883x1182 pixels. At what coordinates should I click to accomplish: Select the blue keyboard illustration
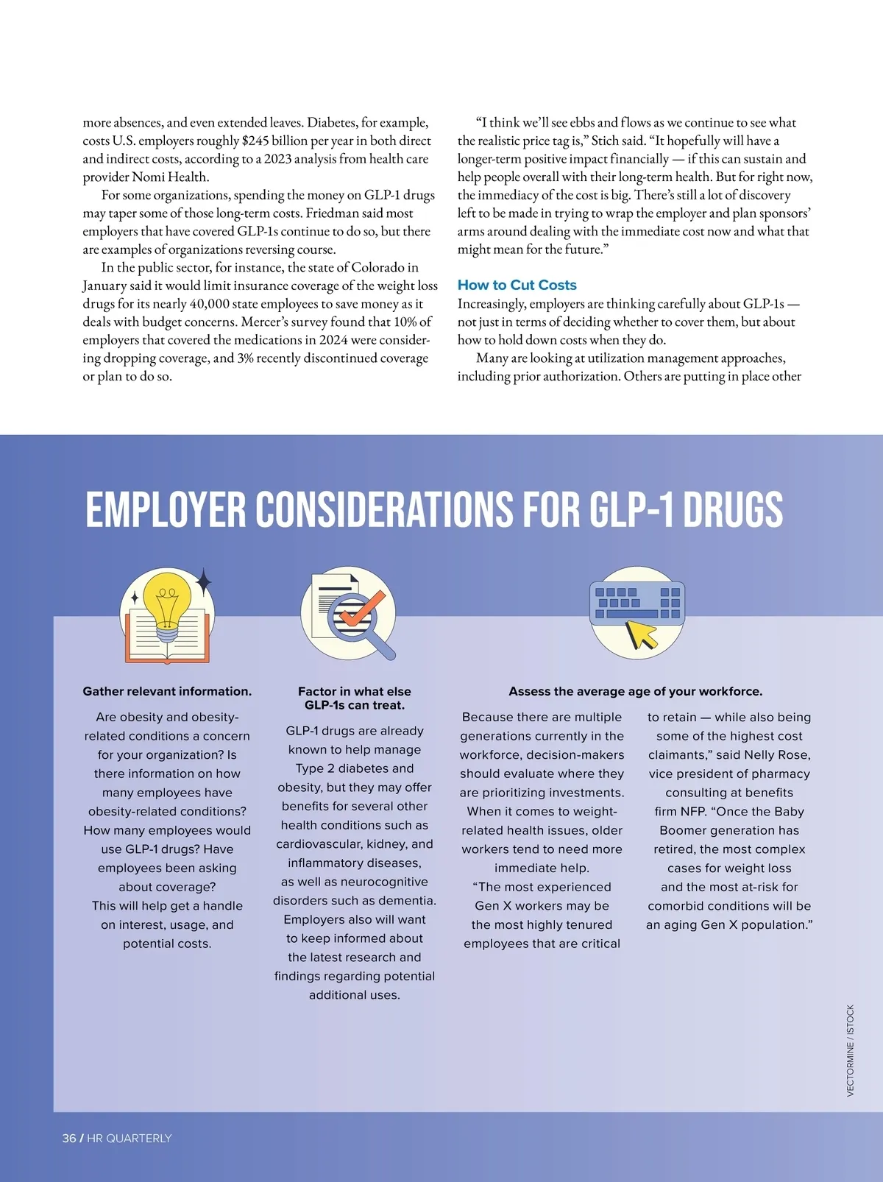tap(636, 603)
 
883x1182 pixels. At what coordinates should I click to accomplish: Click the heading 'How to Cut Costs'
tap(517, 285)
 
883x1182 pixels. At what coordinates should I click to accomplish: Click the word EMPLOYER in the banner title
tap(166, 509)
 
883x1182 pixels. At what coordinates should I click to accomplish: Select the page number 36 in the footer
tap(69, 1138)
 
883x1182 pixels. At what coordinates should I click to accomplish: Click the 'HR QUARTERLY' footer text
tap(130, 1138)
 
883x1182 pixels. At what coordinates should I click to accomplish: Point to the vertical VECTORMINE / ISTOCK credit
tap(850, 1050)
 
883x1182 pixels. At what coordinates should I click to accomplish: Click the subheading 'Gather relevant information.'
tap(167, 691)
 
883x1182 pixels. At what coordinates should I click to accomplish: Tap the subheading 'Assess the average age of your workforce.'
tap(635, 691)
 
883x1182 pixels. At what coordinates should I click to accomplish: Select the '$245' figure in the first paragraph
tap(255, 141)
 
